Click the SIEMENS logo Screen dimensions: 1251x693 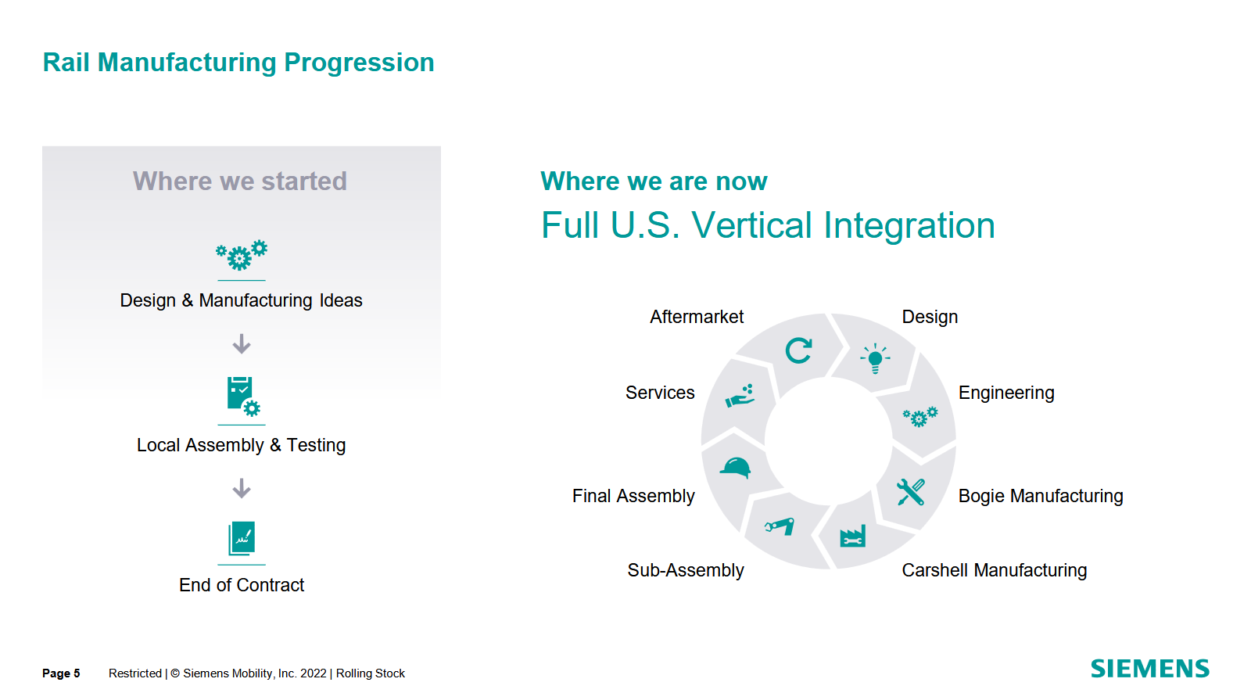tap(1150, 669)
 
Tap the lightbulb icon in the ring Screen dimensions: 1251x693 tap(875, 358)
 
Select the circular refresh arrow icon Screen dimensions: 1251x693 tap(798, 351)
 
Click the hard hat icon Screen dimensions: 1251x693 tap(735, 467)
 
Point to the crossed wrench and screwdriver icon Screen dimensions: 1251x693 tap(911, 492)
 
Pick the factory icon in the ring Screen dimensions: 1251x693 tap(853, 536)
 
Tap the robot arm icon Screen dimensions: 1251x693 tap(780, 526)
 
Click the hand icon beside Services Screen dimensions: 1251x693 tap(740, 396)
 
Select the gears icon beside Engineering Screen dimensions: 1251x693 tap(920, 416)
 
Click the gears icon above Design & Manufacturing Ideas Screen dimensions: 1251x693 tap(242, 256)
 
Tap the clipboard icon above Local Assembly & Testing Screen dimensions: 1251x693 tap(243, 397)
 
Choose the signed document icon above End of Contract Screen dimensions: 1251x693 tap(242, 538)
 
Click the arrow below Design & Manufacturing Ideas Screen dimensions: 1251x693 tap(242, 343)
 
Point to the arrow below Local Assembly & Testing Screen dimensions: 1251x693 tap(242, 488)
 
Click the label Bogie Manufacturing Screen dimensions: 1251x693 tap(1041, 496)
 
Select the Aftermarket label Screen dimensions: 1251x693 tap(697, 317)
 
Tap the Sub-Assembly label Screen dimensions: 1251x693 tap(686, 570)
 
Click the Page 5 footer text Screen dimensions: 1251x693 tap(61, 673)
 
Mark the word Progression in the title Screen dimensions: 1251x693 tap(359, 63)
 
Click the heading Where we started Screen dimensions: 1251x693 tap(239, 181)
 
